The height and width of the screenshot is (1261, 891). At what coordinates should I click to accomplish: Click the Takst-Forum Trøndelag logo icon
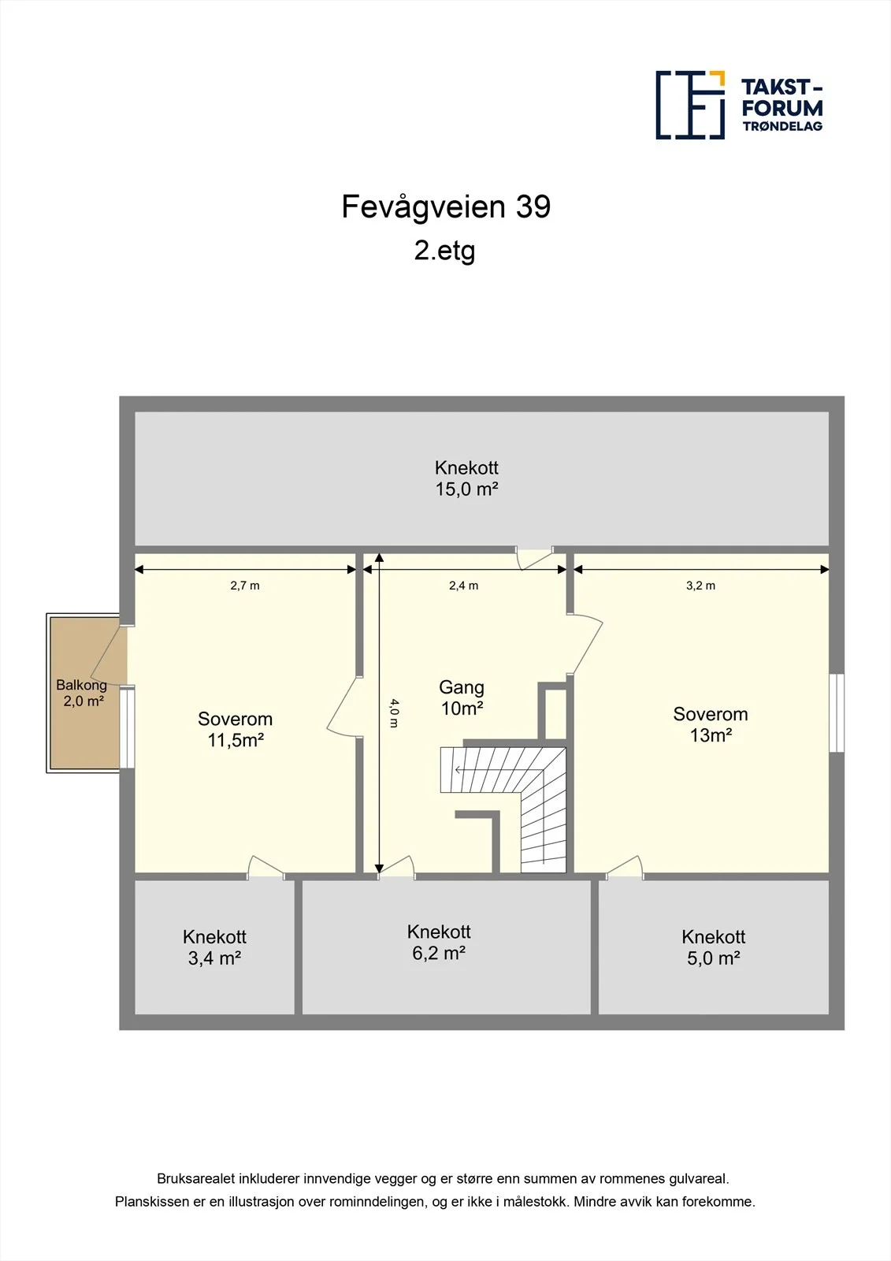690,106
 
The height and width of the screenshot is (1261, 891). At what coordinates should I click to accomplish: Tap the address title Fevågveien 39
446,206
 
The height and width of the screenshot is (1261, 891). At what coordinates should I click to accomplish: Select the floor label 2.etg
444,251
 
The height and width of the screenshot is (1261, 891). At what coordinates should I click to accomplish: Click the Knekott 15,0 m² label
466,478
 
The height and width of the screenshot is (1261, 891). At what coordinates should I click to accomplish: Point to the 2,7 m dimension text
245,586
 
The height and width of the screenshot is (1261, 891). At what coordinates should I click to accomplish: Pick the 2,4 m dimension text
463,586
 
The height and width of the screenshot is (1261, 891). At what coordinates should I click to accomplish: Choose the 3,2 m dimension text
700,586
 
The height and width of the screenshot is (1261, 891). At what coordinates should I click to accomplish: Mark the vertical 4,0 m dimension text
395,713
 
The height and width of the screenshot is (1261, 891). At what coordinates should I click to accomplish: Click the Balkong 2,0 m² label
82,693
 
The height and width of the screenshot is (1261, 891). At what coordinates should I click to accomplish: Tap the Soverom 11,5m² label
236,729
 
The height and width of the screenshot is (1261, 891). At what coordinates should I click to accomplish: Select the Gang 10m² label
462,697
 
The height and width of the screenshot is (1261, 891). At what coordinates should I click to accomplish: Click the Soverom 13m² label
711,724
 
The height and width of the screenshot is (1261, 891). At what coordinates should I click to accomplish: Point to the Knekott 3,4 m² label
214,947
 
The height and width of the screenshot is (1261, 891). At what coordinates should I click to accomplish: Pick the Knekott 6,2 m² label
439,942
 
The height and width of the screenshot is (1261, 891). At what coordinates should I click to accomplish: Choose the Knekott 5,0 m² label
713,947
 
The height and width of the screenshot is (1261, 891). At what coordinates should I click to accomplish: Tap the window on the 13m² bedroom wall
837,712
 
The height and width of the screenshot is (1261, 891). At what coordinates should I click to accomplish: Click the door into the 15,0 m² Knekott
535,558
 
